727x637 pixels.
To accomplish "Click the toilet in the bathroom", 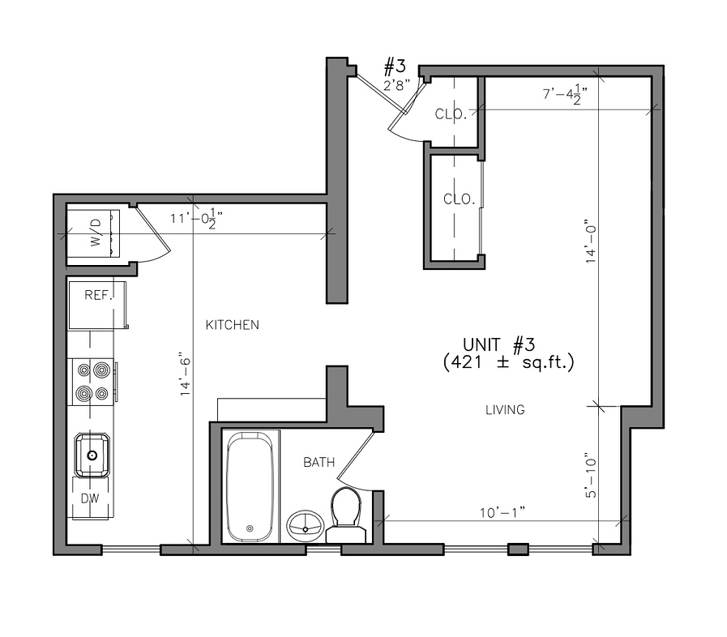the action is point(346,515).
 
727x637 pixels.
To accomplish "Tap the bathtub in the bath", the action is point(250,487).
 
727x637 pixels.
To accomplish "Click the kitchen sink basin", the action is point(92,455).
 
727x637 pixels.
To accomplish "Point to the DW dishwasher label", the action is point(90,498).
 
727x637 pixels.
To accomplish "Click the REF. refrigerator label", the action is point(98,295).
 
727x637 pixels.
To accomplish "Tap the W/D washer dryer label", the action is point(95,233).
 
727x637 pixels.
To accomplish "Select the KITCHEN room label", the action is point(233,325).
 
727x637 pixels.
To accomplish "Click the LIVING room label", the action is point(505,410).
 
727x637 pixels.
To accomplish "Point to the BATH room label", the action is point(319,462).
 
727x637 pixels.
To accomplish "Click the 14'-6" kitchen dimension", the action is point(186,376).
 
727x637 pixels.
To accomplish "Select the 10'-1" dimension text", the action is point(502,512).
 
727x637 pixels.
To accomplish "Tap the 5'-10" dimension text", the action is point(591,475).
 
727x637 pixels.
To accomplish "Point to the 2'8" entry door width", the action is point(397,85).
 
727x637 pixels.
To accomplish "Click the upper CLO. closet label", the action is point(450,113).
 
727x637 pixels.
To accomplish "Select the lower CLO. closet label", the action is point(459,199).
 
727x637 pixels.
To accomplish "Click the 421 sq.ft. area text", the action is point(509,361).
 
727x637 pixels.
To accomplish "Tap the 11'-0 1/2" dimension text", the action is point(196,218).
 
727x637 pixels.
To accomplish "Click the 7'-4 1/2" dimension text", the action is point(565,94).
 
